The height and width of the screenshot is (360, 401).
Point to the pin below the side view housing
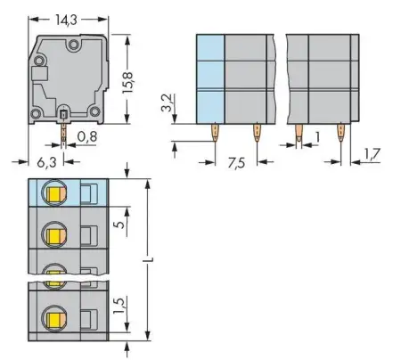65,132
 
